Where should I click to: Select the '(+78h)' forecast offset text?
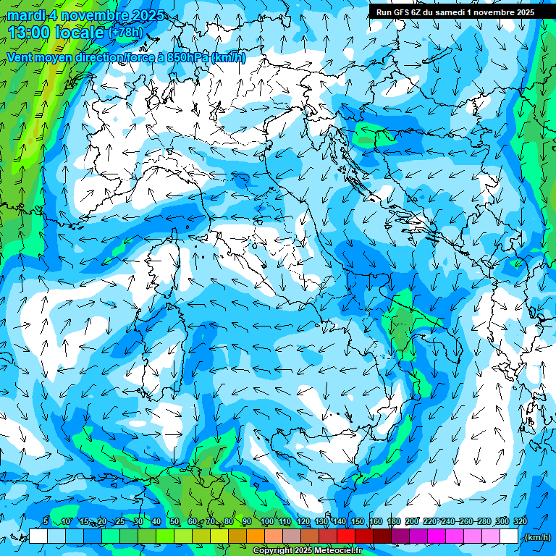pyautogui.click(x=125, y=33)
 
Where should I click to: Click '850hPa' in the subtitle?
pyautogui.click(x=189, y=57)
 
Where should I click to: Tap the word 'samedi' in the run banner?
pyautogui.click(x=453, y=12)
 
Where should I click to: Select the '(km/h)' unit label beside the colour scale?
pyautogui.click(x=536, y=537)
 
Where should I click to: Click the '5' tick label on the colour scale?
pyautogui.click(x=46, y=521)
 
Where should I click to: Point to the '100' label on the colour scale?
pyautogui.click(x=266, y=521)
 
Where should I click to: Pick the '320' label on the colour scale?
pyautogui.click(x=520, y=521)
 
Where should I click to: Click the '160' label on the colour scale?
pyautogui.click(x=375, y=521)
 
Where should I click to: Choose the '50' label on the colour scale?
pyautogui.click(x=174, y=521)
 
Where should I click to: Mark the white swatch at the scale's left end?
pyautogui.click(x=38, y=536)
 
